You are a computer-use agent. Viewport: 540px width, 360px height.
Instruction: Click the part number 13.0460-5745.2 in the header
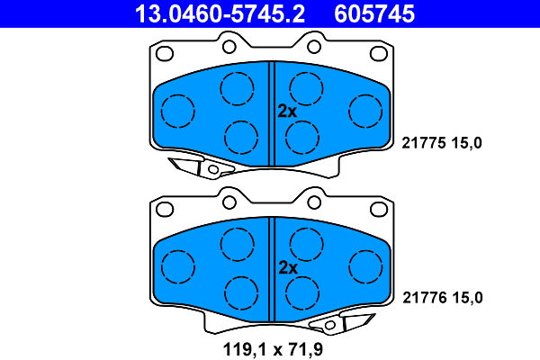pyautogui.click(x=220, y=13)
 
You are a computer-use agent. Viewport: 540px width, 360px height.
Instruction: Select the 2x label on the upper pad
pyautogui.click(x=286, y=112)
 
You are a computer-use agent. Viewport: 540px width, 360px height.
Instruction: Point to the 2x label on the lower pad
pyautogui.click(x=286, y=267)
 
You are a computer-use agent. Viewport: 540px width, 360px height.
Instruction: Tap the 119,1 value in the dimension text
pyautogui.click(x=240, y=346)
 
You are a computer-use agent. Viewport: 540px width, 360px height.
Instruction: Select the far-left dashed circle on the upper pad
pyautogui.click(x=178, y=110)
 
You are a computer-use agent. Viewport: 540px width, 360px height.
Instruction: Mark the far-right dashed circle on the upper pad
pyautogui.click(x=364, y=110)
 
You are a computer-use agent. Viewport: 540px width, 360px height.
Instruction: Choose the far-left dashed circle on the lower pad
pyautogui.click(x=178, y=266)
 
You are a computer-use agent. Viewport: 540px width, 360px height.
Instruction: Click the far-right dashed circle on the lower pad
pyautogui.click(x=364, y=266)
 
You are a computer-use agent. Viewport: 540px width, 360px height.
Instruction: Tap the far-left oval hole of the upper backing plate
pyautogui.click(x=166, y=53)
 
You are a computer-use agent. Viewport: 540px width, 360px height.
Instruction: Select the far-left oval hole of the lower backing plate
pyautogui.click(x=166, y=209)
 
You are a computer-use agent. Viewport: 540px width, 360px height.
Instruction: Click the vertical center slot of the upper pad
pyautogui.click(x=272, y=112)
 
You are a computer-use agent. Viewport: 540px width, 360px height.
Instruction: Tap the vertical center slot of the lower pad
pyautogui.click(x=272, y=268)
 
